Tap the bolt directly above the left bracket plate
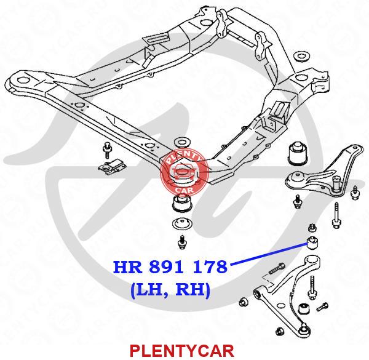(x=106, y=150)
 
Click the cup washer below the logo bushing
(x=181, y=224)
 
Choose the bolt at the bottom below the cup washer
(x=182, y=241)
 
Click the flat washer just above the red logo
(x=181, y=138)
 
